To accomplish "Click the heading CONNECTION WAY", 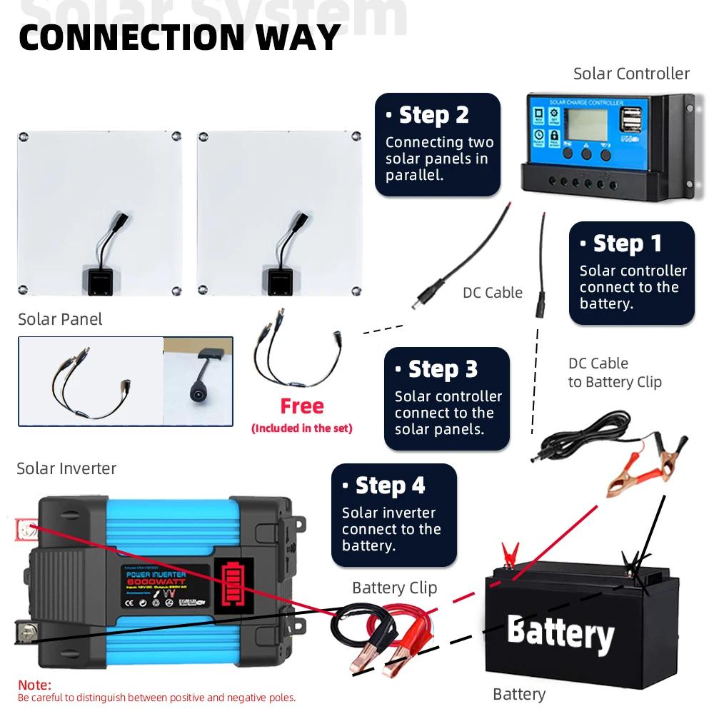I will pos(179,37).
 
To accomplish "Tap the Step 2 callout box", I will pos(438,145).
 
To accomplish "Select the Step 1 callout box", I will pos(632,273).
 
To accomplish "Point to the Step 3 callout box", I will pos(447,398).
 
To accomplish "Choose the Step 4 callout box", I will pos(394,515).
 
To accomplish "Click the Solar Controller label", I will pos(631,74).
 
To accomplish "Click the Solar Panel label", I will pos(60,319).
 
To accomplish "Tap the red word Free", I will pos(301,406).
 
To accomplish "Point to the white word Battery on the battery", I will pos(560,633).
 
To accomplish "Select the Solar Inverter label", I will pos(66,468).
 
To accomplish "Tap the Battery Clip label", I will pos(394,588).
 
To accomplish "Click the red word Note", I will pos(34,685).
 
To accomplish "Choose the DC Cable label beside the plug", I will pos(492,293).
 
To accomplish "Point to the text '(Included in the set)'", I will pos(301,428).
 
